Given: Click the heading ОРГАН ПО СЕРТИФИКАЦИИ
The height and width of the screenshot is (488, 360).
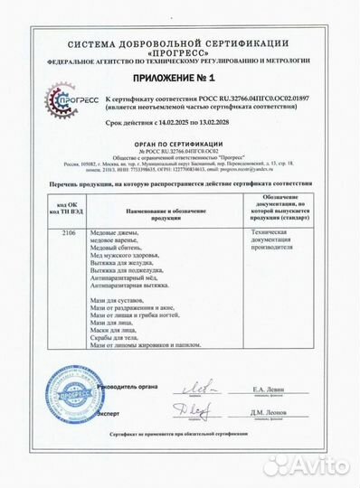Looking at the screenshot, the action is [x=179, y=142].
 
